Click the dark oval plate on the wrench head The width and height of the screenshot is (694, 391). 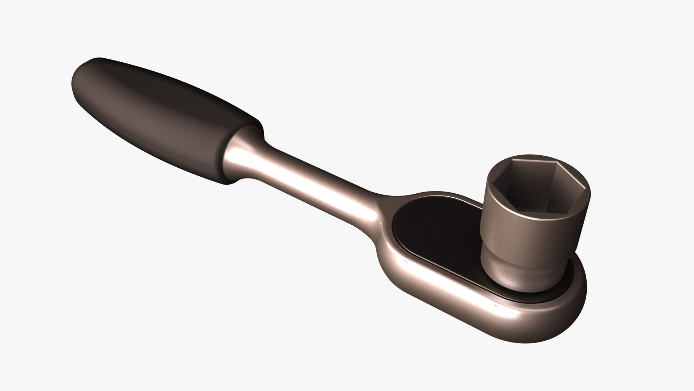pyautogui.click(x=437, y=232)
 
